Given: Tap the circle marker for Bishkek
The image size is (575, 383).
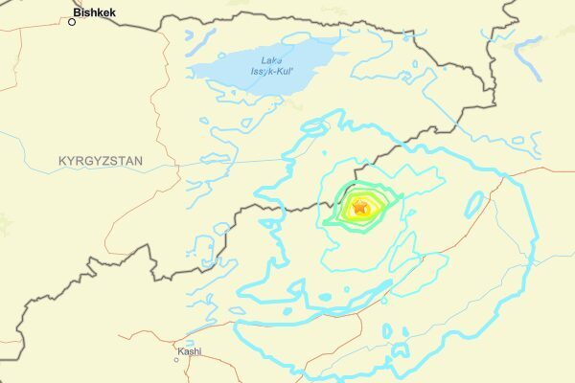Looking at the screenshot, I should pos(71,20).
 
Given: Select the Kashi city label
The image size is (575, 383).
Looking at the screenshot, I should pos(189,351).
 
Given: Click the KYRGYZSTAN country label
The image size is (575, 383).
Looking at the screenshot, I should pos(100,162).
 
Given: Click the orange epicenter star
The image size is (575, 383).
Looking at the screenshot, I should pos(360,206).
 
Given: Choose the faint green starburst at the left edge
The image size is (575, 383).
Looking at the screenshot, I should pos(6,224).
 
